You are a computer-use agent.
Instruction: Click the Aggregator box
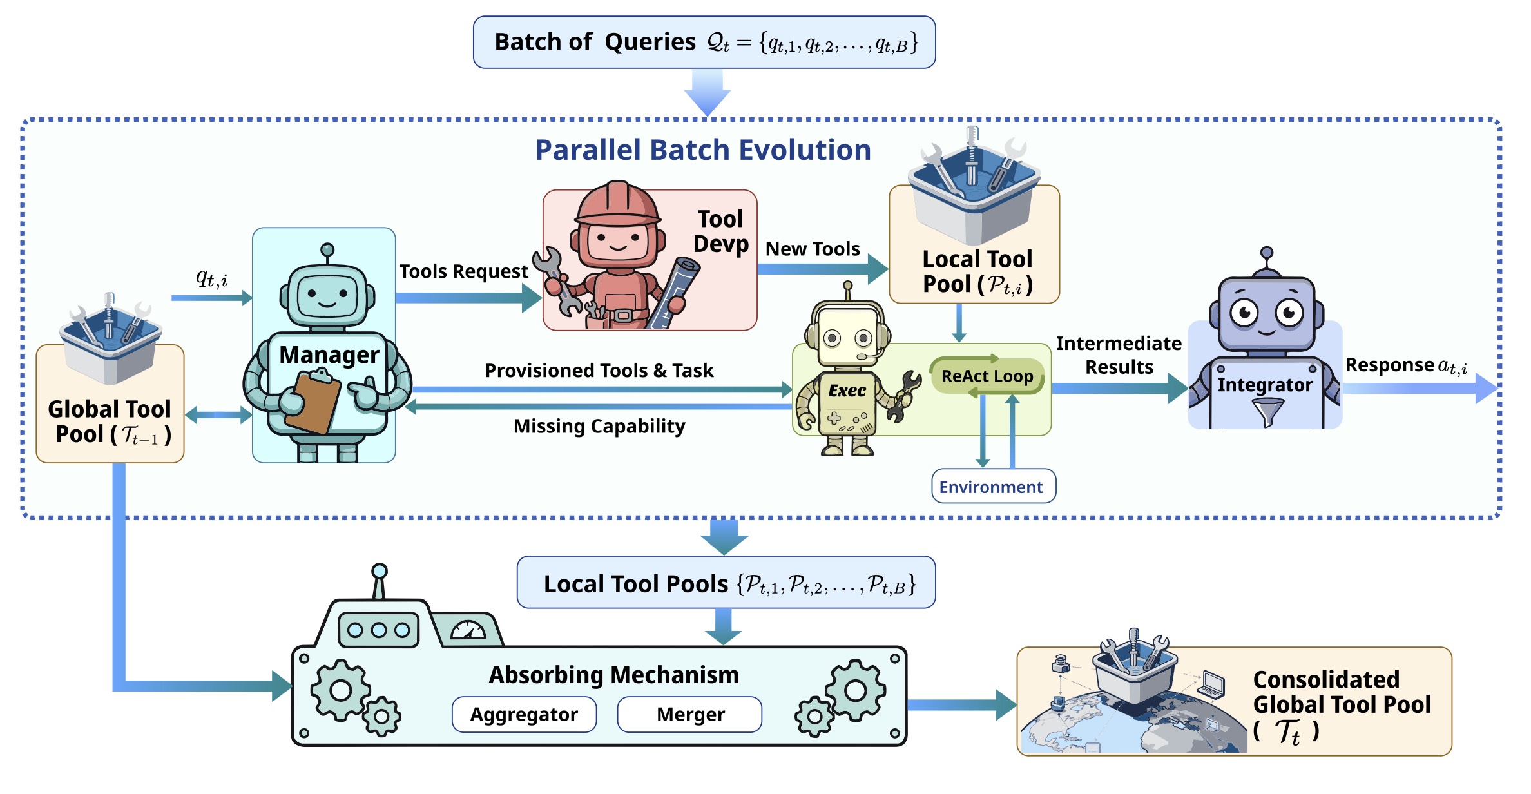tap(524, 714)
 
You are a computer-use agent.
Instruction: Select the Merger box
tap(689, 714)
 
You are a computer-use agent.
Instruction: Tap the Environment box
tap(993, 487)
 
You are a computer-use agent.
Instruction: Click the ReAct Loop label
tap(987, 376)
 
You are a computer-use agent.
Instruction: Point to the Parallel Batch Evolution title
tap(703, 150)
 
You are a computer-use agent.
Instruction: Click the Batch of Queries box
tap(704, 43)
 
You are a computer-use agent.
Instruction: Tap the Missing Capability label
tap(599, 426)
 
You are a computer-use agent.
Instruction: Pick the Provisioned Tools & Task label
tap(599, 371)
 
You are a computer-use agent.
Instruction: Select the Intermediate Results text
tap(1119, 355)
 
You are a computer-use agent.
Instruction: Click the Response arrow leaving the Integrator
tap(1418, 389)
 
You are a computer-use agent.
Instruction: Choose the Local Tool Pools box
tap(726, 583)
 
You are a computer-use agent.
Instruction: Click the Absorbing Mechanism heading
tap(613, 675)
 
